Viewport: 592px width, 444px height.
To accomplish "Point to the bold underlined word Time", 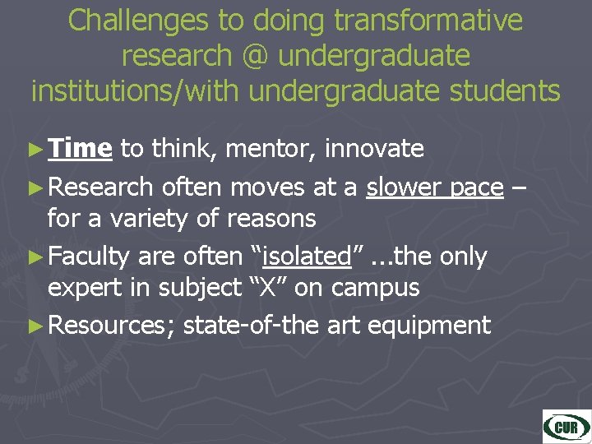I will [80, 148].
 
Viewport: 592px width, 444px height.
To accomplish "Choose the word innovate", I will [374, 148].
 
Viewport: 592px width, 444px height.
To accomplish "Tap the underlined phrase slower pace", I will [435, 187].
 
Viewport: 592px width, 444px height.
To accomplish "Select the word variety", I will [139, 218].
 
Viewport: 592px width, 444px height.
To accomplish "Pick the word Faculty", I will [89, 257].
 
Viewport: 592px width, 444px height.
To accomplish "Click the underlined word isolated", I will [307, 257].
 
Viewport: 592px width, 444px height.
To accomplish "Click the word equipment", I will [429, 325].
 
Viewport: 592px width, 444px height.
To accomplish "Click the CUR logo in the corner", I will [566, 425].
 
